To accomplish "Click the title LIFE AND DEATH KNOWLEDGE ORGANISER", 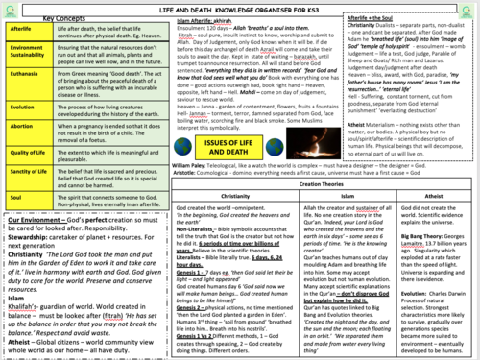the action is pos(239,7).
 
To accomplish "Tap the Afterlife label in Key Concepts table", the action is pos(22,31).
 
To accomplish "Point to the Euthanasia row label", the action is pos(23,86).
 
